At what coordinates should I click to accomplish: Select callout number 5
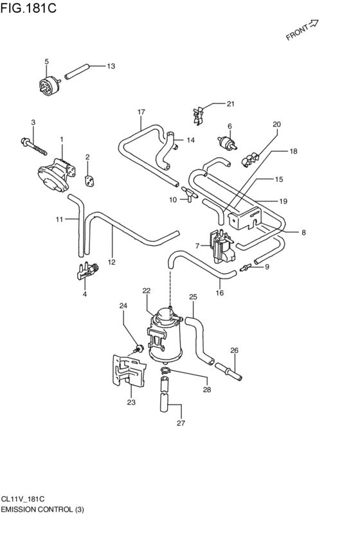click(46, 62)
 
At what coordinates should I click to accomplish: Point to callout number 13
click(111, 66)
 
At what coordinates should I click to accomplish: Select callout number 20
click(277, 124)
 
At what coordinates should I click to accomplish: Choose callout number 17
click(141, 112)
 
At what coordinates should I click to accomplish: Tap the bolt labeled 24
click(138, 349)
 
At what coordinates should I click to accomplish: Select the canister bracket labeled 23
click(127, 374)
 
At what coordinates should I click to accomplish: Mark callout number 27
click(181, 424)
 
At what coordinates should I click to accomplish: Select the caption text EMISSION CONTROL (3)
click(42, 509)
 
